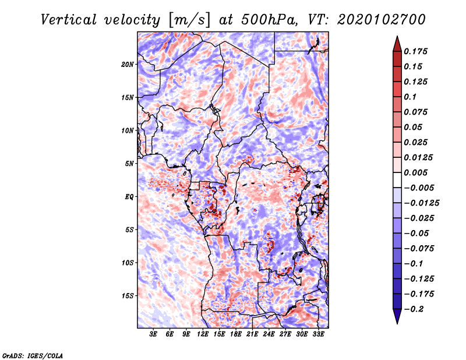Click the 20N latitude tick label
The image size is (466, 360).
(128, 64)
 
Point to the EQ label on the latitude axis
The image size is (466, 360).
(129, 197)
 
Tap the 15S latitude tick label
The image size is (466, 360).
(128, 296)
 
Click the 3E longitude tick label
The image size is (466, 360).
(154, 334)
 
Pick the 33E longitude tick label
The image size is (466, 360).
(318, 334)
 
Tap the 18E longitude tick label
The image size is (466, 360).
(236, 334)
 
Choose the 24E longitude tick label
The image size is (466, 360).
(269, 334)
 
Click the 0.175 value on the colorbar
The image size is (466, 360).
(417, 51)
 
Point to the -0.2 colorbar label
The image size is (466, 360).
(415, 309)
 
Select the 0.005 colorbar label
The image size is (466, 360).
(417, 172)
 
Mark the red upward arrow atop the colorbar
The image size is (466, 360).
(396, 43)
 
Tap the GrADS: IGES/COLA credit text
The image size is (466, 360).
(33, 355)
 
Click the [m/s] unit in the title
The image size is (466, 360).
(187, 20)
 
